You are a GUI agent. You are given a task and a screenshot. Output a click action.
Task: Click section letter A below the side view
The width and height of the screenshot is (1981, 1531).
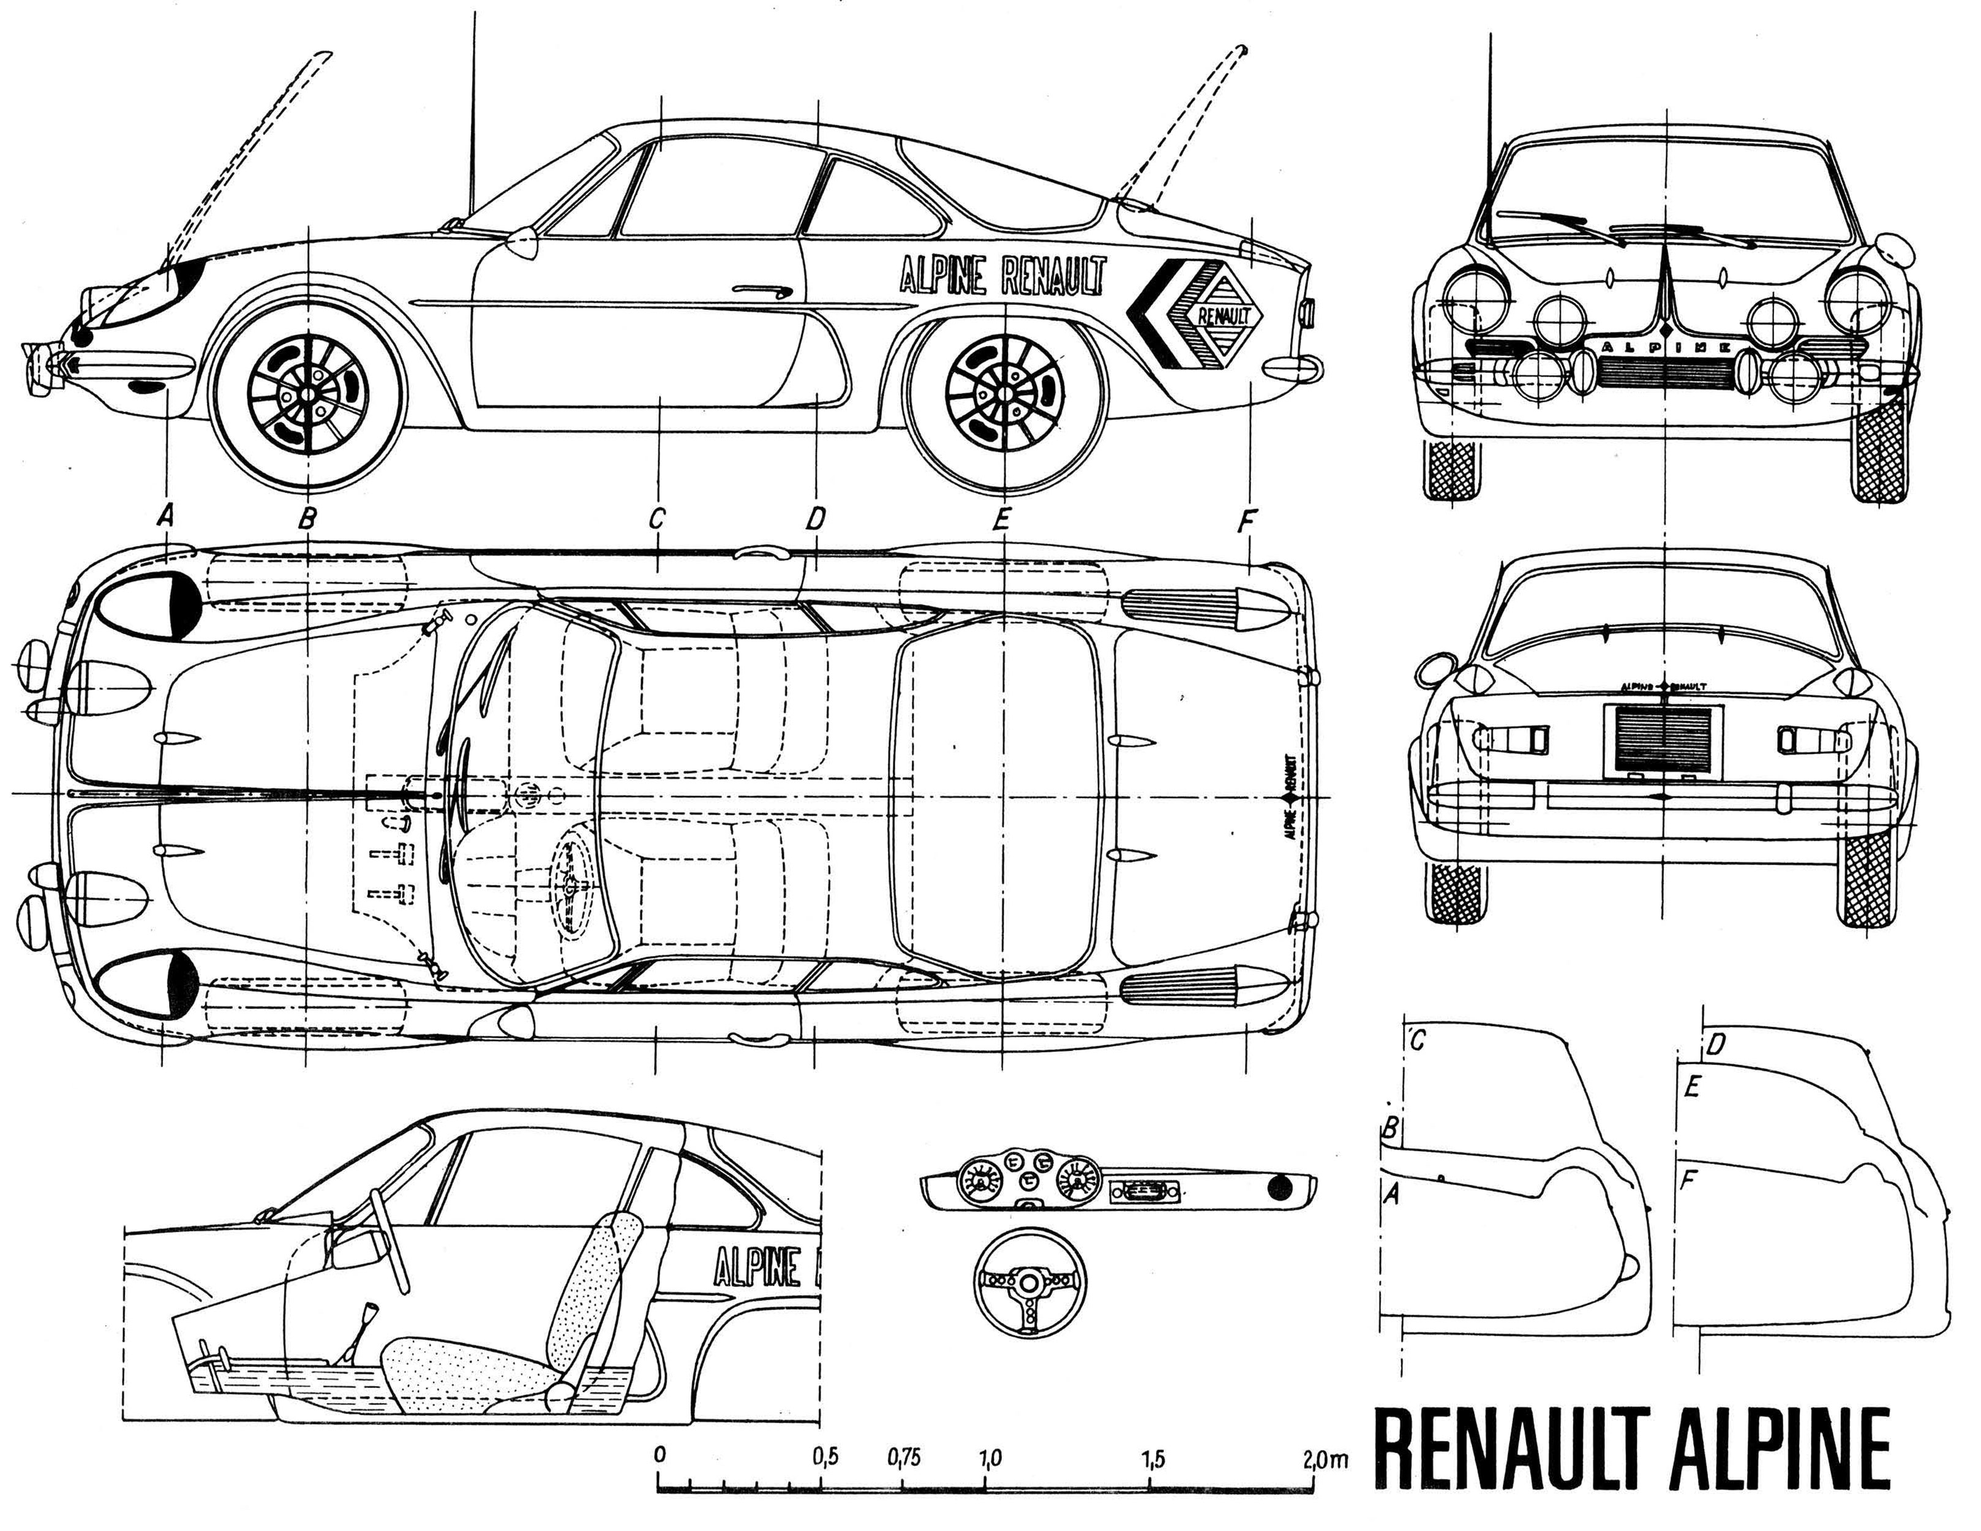[x=165, y=517]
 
